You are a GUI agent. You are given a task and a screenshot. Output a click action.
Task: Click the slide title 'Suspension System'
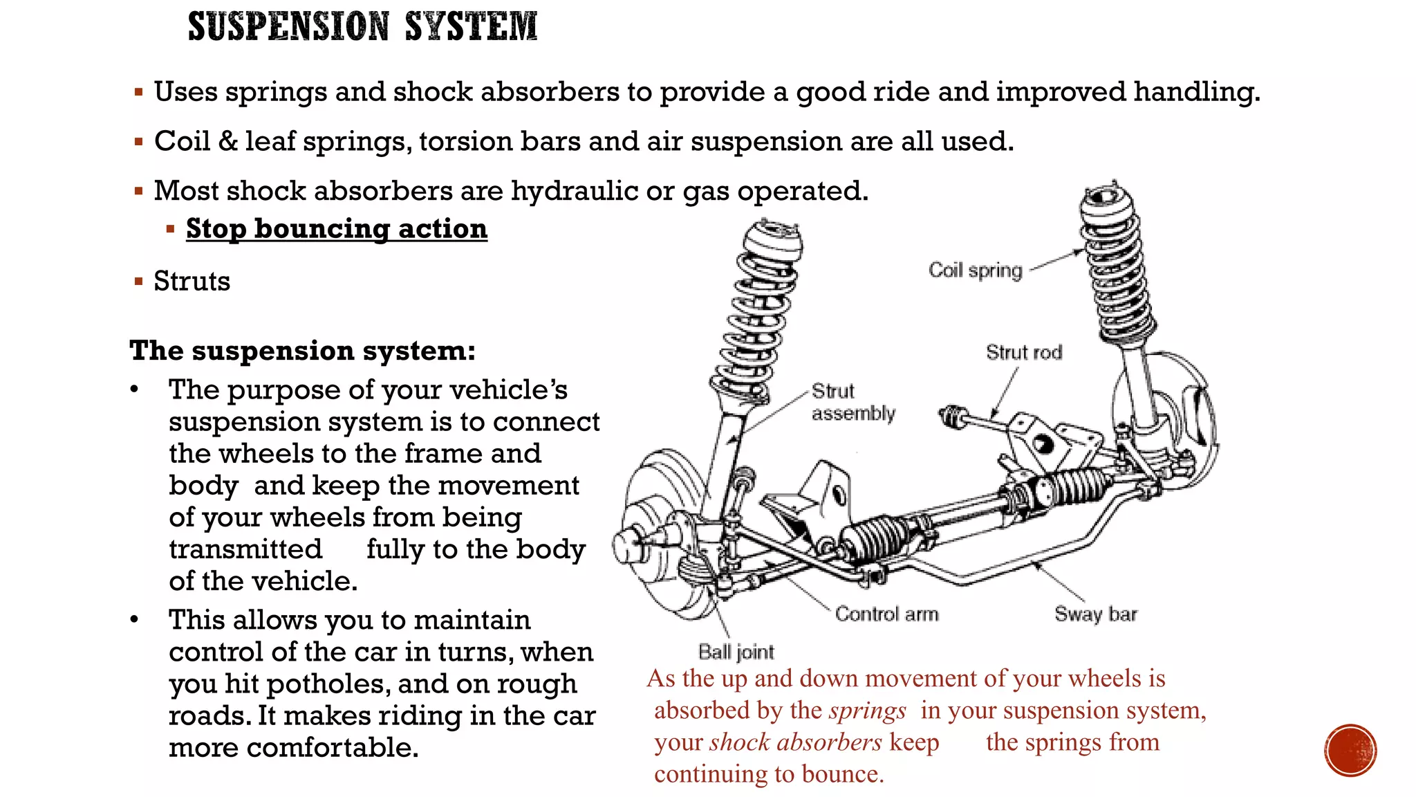[362, 27]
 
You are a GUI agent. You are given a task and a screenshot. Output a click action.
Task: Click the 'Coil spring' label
[975, 270]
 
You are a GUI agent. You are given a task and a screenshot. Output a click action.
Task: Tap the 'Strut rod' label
[1023, 353]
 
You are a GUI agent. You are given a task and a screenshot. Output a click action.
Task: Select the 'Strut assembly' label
[852, 402]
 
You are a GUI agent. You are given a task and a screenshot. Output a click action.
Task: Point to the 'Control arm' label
[886, 614]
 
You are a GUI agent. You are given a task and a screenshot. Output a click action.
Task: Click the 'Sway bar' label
[1095, 614]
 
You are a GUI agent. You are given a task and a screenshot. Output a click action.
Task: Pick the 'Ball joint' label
[736, 652]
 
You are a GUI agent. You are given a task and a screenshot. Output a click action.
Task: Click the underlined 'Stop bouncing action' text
[336, 228]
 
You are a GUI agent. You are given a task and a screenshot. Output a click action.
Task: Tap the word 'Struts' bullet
[192, 282]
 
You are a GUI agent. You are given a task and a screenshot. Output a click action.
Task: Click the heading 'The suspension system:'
[302, 351]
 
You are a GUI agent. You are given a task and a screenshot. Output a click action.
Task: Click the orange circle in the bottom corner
[1350, 750]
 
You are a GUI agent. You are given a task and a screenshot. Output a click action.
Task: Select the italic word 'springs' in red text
[868, 711]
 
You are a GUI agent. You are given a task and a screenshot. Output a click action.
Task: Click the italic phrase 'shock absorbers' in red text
[795, 742]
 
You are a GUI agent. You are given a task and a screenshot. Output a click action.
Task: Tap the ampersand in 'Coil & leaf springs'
[227, 141]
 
